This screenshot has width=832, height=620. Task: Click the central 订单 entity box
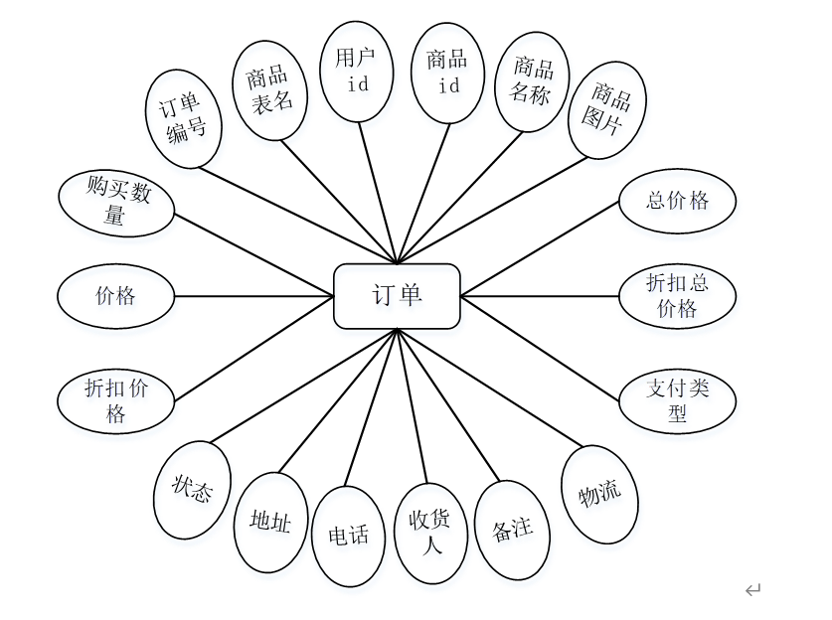pyautogui.click(x=397, y=296)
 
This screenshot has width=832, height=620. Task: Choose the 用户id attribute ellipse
pyautogui.click(x=357, y=72)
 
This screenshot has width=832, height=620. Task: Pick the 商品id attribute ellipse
pyautogui.click(x=447, y=73)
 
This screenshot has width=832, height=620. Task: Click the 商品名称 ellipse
pyautogui.click(x=532, y=80)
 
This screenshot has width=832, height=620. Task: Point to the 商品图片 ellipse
pyautogui.click(x=606, y=111)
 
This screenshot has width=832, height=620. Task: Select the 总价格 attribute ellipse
pyautogui.click(x=677, y=201)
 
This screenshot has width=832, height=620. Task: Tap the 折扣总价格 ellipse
pyautogui.click(x=677, y=295)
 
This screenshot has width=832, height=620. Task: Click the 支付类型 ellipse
pyautogui.click(x=677, y=400)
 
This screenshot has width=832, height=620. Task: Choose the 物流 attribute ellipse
pyautogui.click(x=599, y=493)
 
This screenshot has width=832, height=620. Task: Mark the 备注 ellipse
pyautogui.click(x=513, y=530)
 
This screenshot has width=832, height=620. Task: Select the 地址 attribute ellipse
pyautogui.click(x=270, y=522)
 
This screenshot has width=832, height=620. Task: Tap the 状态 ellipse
pyautogui.click(x=192, y=490)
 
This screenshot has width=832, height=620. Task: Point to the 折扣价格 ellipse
pyautogui.click(x=116, y=401)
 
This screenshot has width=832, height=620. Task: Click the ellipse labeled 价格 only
pyautogui.click(x=116, y=296)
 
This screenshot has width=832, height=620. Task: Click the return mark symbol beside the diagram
pyautogui.click(x=752, y=590)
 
